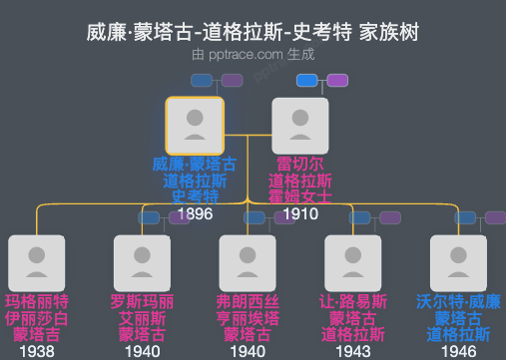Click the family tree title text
[253, 34]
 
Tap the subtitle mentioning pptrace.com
[253, 56]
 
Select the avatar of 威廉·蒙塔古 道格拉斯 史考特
[195, 126]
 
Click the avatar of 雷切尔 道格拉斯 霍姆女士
[300, 126]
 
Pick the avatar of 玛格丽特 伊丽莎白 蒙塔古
[37, 263]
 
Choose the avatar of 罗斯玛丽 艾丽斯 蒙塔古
[143, 263]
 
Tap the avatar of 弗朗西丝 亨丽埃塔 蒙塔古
[248, 263]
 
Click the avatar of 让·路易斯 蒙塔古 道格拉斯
[353, 263]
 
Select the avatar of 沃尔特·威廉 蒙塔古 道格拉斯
[458, 263]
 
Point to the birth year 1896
[195, 213]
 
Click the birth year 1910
[300, 213]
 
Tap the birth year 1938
[37, 351]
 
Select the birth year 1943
[353, 351]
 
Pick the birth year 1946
[458, 351]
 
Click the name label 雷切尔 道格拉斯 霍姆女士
[300, 180]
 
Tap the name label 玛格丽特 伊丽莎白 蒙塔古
[37, 318]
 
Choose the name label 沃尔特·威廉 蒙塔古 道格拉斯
[458, 318]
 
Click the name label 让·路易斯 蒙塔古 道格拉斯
[353, 318]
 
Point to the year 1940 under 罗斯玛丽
[143, 351]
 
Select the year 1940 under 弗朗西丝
[248, 351]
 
